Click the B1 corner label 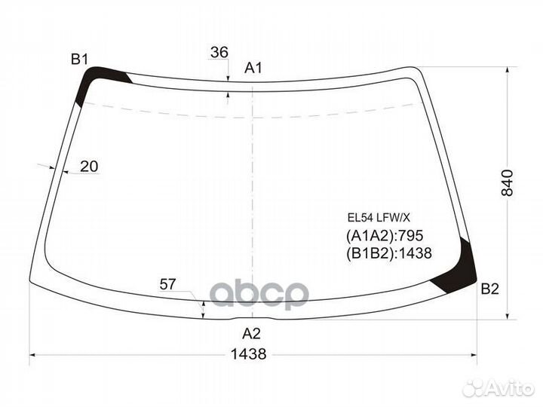[x=80, y=60]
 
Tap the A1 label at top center [x=253, y=68]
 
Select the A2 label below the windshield [x=251, y=334]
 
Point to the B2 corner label [x=490, y=289]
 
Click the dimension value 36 [x=219, y=52]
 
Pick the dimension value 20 [x=89, y=167]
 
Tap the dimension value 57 [x=168, y=284]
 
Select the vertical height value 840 [x=508, y=182]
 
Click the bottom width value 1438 [x=249, y=354]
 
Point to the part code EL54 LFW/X [x=379, y=218]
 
